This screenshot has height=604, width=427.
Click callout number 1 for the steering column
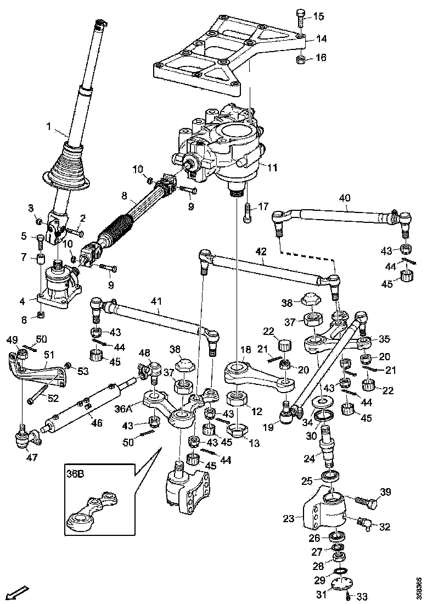click(x=49, y=127)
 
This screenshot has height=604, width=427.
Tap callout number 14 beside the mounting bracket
click(x=321, y=39)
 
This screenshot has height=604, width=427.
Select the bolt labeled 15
click(x=300, y=17)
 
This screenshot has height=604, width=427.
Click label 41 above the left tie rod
click(x=157, y=301)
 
